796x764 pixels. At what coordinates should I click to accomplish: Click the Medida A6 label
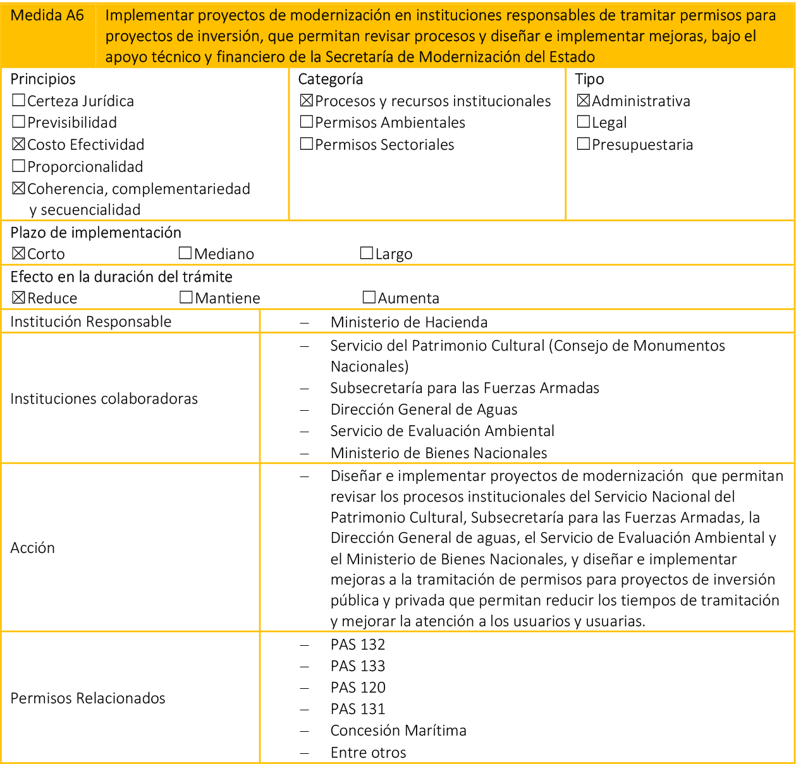coord(47,16)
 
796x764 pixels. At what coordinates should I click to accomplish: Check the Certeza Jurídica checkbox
coord(18,100)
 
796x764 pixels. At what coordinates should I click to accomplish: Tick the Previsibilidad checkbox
coord(18,122)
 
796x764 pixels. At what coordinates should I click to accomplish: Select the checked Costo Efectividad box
coord(18,144)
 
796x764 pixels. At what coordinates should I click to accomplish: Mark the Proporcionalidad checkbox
coord(18,166)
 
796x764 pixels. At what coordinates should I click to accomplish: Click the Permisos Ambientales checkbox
coord(307,122)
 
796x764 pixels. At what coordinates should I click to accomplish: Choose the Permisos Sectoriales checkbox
coord(307,144)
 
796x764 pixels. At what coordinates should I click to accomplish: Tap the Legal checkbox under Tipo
coord(584,122)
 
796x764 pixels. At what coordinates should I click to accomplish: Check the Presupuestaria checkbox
coord(584,144)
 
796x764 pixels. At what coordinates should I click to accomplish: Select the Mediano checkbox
coord(185,253)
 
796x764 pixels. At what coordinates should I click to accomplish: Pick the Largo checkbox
coord(367,253)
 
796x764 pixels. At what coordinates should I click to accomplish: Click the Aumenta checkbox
coord(369,298)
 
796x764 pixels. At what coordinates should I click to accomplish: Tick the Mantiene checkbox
coord(186,298)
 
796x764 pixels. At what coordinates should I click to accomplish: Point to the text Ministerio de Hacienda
coord(408,322)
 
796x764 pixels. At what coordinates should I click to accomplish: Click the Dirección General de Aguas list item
coord(424,409)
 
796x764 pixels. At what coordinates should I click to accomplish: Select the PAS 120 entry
coord(358,688)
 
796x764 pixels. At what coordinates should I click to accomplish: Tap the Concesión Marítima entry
coord(398,731)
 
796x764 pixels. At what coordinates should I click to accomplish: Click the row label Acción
coord(33,548)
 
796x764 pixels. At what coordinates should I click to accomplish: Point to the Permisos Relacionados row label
coord(88,698)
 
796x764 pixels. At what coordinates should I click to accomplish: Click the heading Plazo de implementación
coord(96,233)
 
